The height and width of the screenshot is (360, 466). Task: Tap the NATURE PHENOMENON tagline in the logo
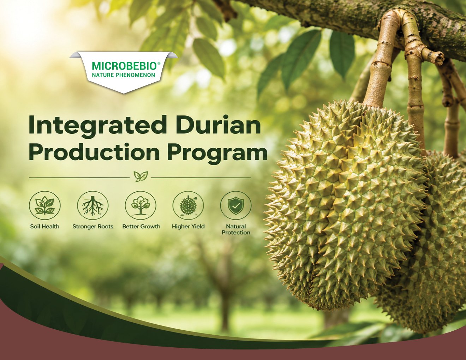(x=123, y=75)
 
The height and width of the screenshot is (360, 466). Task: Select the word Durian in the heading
(x=219, y=124)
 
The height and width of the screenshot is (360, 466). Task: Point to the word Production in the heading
(x=94, y=152)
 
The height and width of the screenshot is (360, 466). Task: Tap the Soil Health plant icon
(x=44, y=205)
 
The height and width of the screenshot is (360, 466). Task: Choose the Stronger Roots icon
(x=92, y=205)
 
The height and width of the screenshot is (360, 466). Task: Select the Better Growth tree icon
(x=141, y=205)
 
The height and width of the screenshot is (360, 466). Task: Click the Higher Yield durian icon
(x=188, y=205)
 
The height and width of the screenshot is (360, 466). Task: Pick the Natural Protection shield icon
(x=236, y=205)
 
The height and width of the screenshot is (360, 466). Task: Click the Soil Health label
(x=44, y=227)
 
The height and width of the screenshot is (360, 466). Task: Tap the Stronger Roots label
(x=93, y=227)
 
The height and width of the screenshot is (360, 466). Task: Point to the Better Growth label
(x=141, y=227)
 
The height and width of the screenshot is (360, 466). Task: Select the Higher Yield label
(x=188, y=227)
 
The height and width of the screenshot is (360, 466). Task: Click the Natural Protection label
(x=236, y=229)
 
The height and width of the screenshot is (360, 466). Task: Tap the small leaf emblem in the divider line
(x=141, y=176)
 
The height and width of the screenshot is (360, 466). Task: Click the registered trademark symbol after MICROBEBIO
(x=159, y=63)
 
